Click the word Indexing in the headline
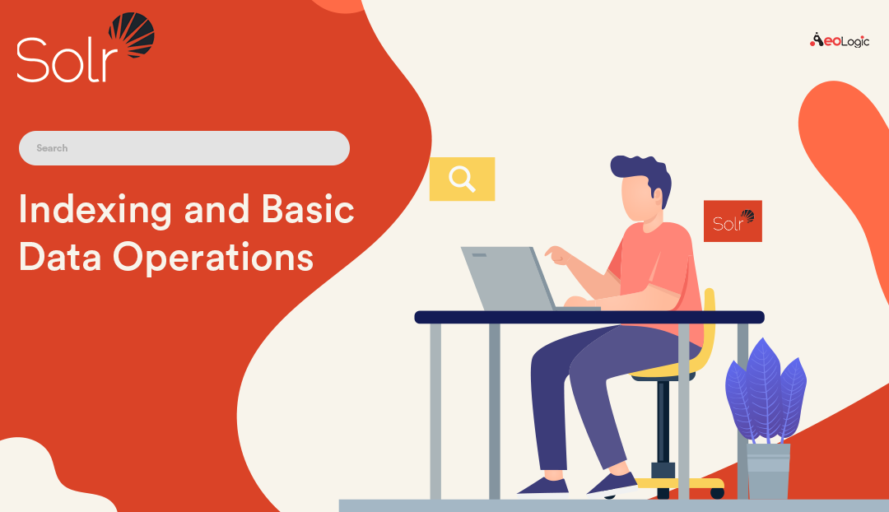[95, 210]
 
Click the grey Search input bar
[184, 148]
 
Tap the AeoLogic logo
[839, 40]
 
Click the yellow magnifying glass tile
[462, 179]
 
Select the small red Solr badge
[733, 221]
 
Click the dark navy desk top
[589, 317]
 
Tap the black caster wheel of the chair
[717, 493]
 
